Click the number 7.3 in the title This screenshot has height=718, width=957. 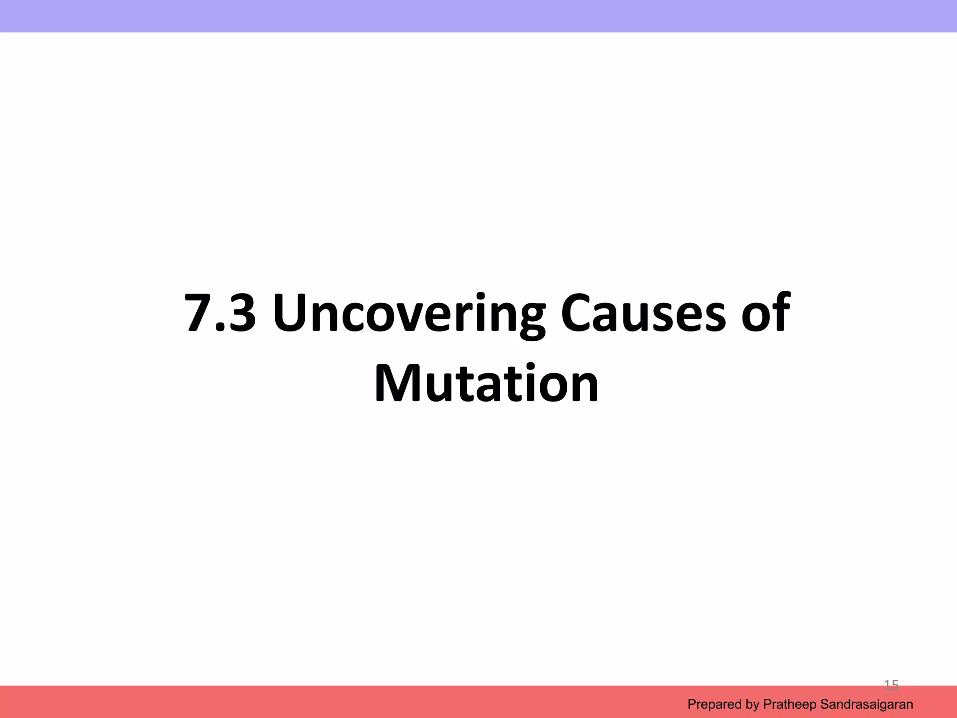(220, 312)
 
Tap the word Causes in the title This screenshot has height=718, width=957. (643, 312)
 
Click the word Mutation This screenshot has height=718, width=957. (486, 383)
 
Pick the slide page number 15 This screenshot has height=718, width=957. (891, 685)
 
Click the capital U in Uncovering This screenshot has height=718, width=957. (293, 312)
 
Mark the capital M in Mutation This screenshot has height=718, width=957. (400, 383)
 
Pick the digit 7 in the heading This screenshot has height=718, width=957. (198, 312)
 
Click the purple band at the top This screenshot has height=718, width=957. (478, 16)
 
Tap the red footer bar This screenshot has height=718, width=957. (327, 702)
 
